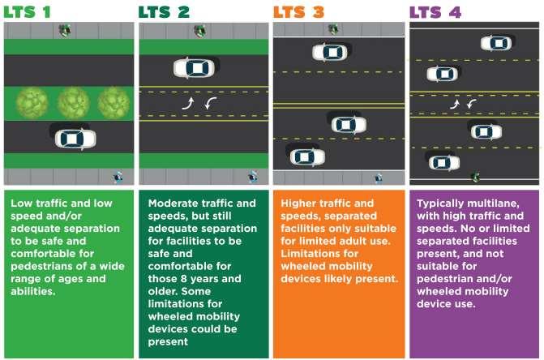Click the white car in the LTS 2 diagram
tap(194, 67)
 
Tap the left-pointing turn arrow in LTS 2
tap(210, 103)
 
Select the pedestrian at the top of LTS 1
tap(64, 31)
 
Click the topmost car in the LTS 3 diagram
tap(331, 52)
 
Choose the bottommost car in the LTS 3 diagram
tap(305, 156)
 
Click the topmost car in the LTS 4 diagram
tap(495, 43)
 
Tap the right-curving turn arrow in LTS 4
tap(456, 104)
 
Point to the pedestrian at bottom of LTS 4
tap(475, 176)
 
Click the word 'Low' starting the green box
tap(23, 203)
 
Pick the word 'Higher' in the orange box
tap(299, 203)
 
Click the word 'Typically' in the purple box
tap(443, 203)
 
